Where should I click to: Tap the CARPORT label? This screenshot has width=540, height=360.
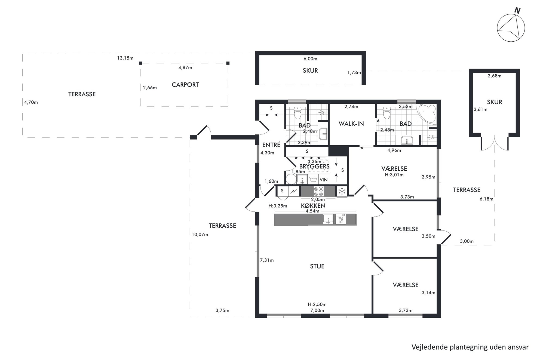185,85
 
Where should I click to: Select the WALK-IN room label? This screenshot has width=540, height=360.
351,124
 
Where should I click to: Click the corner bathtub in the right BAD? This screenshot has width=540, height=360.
427,114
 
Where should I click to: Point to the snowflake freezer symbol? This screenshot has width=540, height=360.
342,191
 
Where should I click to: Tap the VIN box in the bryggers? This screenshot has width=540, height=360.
324,180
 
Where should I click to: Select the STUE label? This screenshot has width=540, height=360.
317,266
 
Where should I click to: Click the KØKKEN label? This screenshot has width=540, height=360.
313,206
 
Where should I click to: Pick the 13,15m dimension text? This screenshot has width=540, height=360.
125,58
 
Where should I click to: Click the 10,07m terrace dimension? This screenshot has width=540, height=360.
200,235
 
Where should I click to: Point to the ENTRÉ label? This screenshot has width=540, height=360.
271,145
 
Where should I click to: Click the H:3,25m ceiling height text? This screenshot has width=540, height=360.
278,206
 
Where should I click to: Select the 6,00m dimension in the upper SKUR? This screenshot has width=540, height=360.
311,59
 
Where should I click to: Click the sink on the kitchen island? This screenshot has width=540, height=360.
328,219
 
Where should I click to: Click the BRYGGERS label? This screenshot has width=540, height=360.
314,166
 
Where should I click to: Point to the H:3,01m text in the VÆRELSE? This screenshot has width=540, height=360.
394,175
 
